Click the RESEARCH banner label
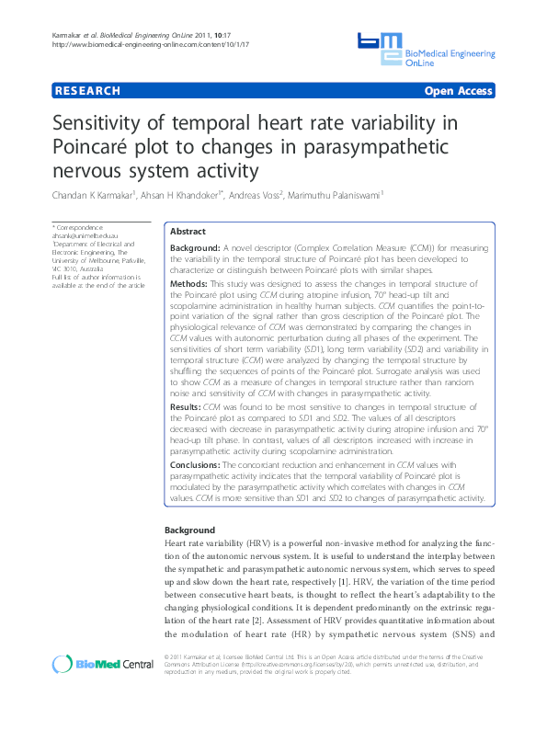coord(87,91)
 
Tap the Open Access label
coord(458,91)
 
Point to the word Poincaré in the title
coord(93,148)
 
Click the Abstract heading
coord(188,232)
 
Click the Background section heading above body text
coord(189,530)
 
